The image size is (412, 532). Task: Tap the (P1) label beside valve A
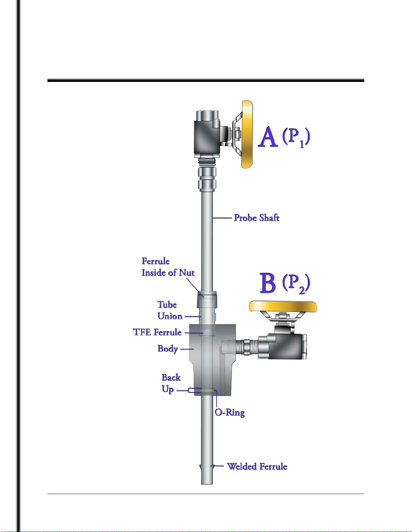(296, 138)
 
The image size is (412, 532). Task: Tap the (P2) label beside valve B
(296, 284)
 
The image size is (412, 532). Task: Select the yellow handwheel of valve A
(247, 134)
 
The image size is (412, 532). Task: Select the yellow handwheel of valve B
(283, 306)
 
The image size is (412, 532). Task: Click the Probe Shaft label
(257, 217)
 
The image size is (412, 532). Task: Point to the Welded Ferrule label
(257, 467)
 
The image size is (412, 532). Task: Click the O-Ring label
(230, 413)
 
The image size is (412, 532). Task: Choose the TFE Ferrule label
(157, 332)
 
